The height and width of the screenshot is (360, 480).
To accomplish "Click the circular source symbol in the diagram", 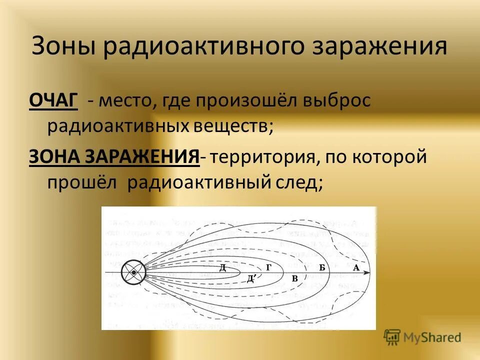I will point(133,272).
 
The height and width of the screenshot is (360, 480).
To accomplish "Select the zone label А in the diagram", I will point(356,267).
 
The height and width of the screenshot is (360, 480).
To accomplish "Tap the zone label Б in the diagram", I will point(322,267).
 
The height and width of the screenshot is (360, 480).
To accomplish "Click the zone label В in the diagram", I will point(295,278).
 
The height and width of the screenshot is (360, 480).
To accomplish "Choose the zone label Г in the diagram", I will point(268,267).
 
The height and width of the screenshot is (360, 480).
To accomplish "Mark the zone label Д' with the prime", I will point(251,278).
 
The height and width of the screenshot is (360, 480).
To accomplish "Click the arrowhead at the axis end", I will point(367,272).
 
